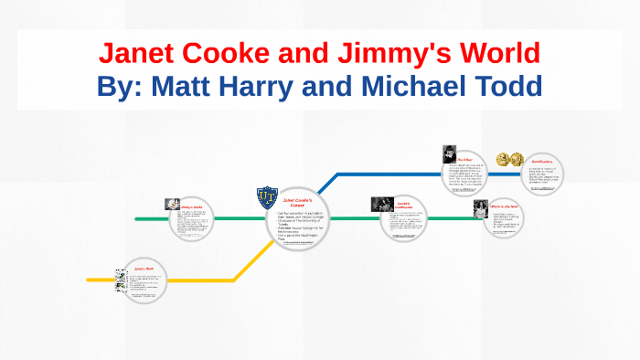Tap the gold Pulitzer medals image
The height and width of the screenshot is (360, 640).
click(x=507, y=160)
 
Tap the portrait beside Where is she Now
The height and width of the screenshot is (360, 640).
click(x=480, y=207)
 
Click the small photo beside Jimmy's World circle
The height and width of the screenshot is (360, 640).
click(x=170, y=205)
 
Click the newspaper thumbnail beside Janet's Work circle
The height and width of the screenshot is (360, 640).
click(x=120, y=280)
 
